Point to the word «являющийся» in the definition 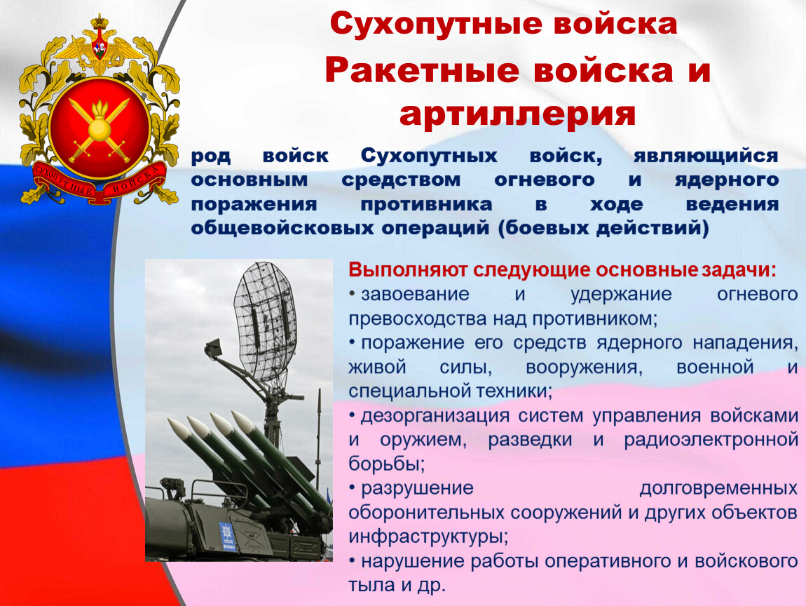click(706, 156)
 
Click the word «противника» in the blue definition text click(426, 205)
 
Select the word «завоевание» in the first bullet click(416, 295)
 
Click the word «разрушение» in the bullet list click(418, 487)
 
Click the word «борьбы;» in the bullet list click(387, 464)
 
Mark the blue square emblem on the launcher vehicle click(226, 534)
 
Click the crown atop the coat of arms click(100, 23)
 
